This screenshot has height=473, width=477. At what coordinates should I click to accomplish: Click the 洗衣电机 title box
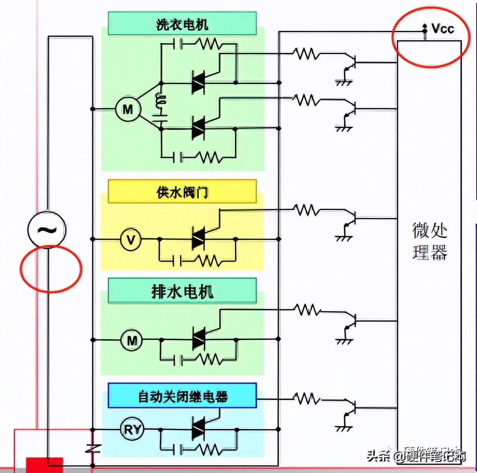coord(182,24)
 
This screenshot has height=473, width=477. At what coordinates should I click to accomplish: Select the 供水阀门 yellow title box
coord(182,192)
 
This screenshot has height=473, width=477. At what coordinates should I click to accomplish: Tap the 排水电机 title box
coord(182,291)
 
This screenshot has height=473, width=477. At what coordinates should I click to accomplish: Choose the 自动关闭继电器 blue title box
coord(182,396)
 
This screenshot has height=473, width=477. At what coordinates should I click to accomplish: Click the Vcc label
coord(442,29)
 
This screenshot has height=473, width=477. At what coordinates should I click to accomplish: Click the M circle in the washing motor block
coord(128,109)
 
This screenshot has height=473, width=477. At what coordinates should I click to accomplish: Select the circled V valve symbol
coord(131,239)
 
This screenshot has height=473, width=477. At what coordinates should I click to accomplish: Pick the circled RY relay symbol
coord(132,429)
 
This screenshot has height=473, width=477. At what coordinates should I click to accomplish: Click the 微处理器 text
coord(429,241)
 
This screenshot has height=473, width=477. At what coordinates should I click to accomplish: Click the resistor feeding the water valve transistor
coord(307,210)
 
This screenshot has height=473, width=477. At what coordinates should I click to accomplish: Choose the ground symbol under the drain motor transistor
coord(344,339)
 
